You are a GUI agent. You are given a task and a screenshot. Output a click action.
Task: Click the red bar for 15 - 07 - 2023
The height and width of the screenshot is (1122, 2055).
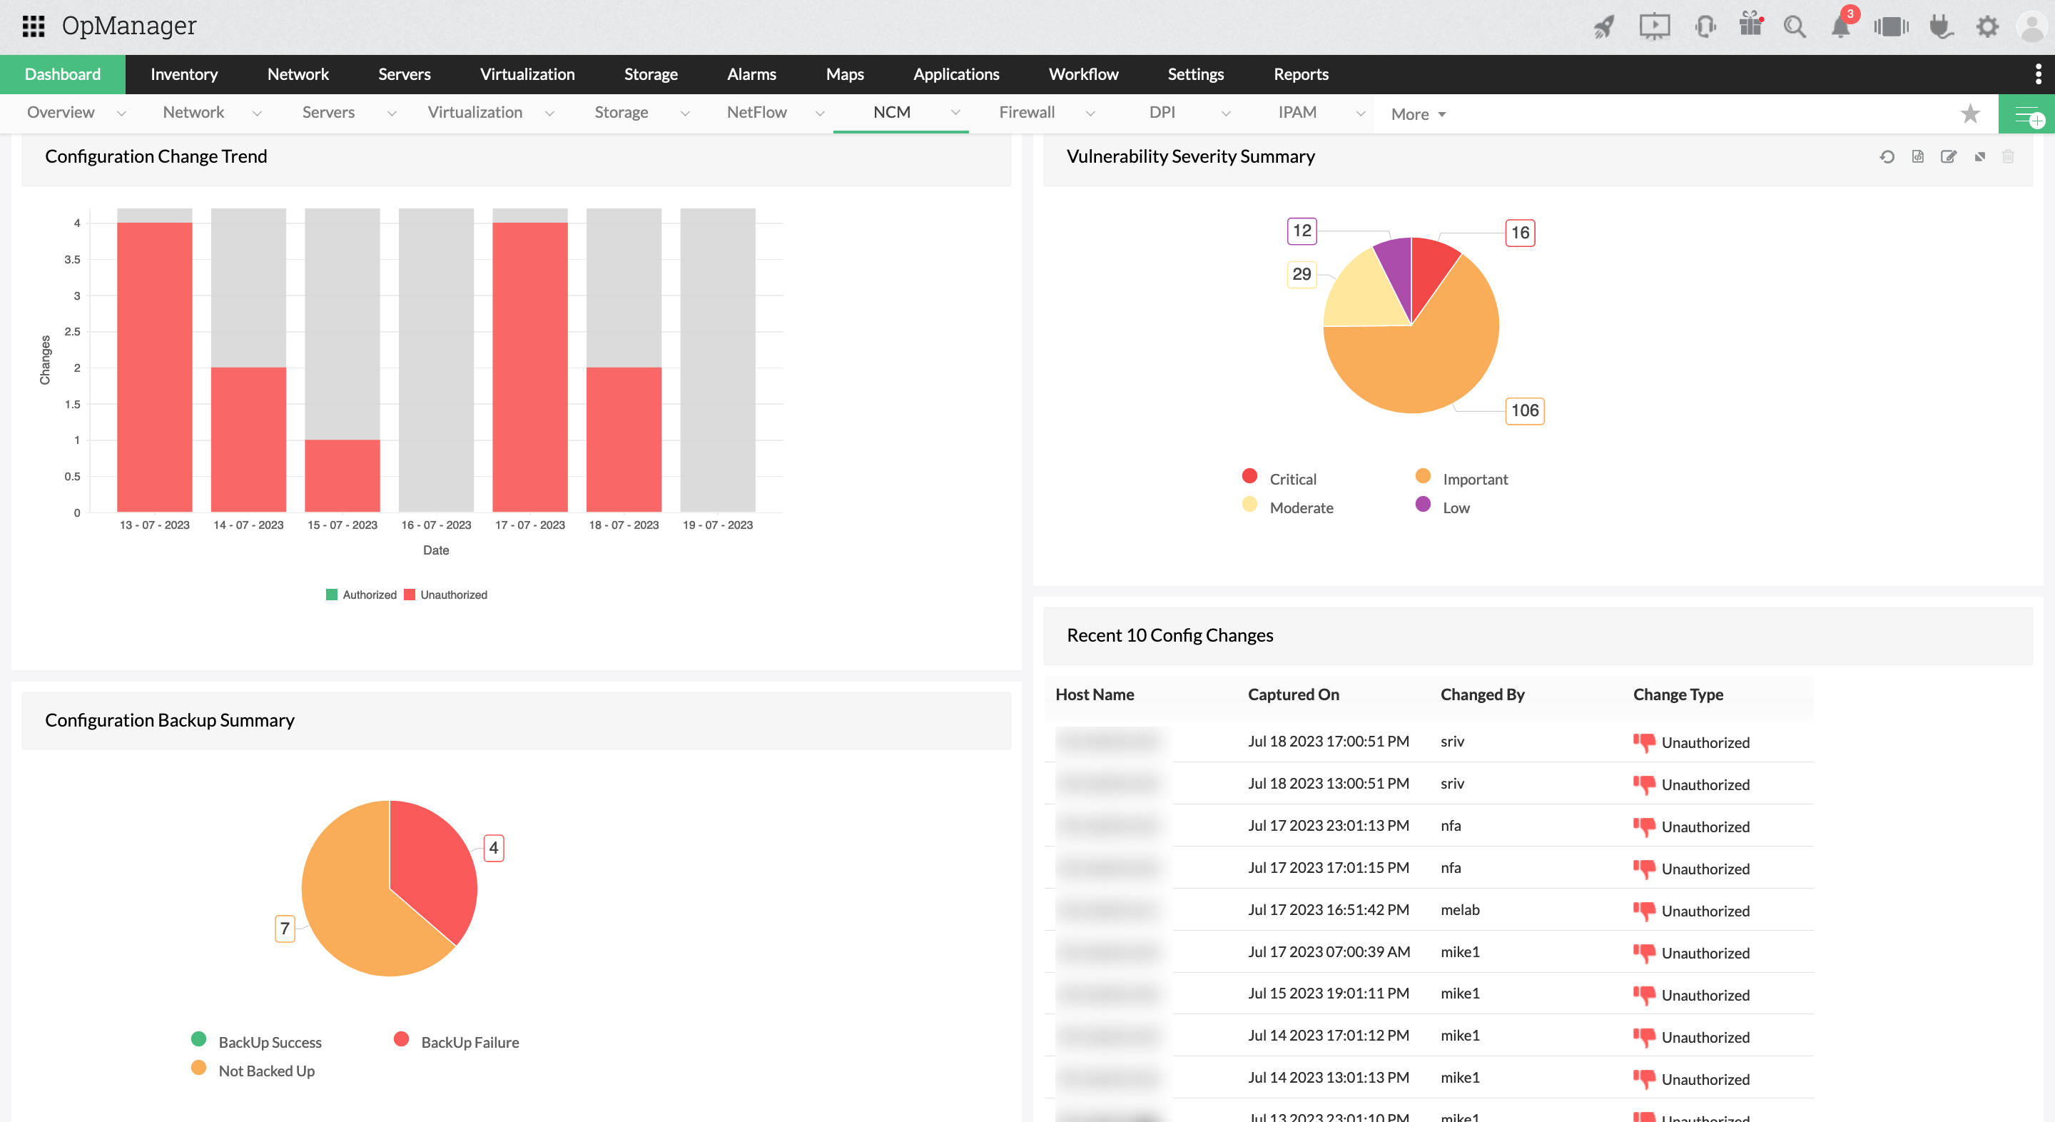[x=342, y=475]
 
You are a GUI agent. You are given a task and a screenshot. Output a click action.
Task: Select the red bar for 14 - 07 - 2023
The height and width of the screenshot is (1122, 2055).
[x=248, y=439]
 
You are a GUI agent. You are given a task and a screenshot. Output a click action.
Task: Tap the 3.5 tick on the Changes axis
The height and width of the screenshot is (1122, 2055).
[x=73, y=259]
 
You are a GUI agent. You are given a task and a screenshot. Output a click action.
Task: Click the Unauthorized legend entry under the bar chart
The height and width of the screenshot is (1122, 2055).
[x=446, y=595]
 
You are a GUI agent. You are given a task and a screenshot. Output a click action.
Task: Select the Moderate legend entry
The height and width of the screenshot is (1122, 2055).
[x=1300, y=507]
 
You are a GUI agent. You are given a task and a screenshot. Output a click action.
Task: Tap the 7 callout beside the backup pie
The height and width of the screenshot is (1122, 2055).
[x=285, y=928]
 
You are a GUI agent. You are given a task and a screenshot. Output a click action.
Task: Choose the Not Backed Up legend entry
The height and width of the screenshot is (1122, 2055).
[x=265, y=1071]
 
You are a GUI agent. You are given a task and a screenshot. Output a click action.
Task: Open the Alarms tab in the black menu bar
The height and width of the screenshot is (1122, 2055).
[x=751, y=74]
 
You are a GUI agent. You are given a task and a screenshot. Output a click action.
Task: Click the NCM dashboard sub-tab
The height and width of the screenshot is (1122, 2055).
[x=891, y=113]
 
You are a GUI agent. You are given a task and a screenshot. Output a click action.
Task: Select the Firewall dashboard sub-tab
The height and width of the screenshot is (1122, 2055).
[x=1026, y=113]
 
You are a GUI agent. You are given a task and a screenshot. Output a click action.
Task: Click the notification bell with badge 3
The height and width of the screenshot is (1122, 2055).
[x=1840, y=27]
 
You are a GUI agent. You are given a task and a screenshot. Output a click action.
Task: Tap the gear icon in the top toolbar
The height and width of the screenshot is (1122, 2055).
[x=1986, y=27]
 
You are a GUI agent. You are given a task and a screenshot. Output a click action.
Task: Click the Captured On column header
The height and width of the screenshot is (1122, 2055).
[x=1292, y=694]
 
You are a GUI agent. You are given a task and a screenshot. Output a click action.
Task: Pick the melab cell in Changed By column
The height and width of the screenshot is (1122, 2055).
[x=1459, y=910]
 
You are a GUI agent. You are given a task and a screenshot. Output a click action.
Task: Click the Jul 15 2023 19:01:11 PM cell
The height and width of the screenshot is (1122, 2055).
[x=1327, y=994]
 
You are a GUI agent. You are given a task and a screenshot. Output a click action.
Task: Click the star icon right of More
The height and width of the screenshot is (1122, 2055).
[x=1969, y=114]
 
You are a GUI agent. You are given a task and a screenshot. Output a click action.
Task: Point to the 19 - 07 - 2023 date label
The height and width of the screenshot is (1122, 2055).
[x=717, y=525]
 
